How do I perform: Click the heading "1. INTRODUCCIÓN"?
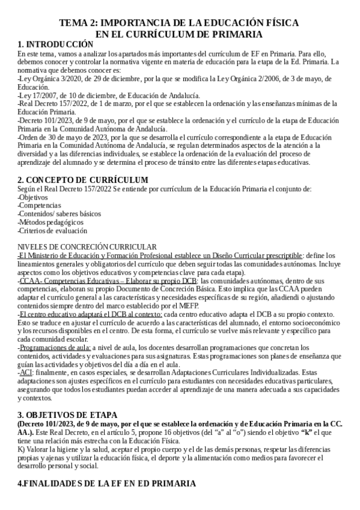click(55, 45)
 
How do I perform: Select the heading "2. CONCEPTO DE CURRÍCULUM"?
click(83, 180)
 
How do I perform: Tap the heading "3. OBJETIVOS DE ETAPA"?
click(68, 415)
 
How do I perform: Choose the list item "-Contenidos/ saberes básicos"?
click(59, 214)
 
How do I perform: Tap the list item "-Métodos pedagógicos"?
click(52, 222)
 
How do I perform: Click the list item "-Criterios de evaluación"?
click(52, 230)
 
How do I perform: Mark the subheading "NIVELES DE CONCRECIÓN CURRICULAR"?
click(87, 247)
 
